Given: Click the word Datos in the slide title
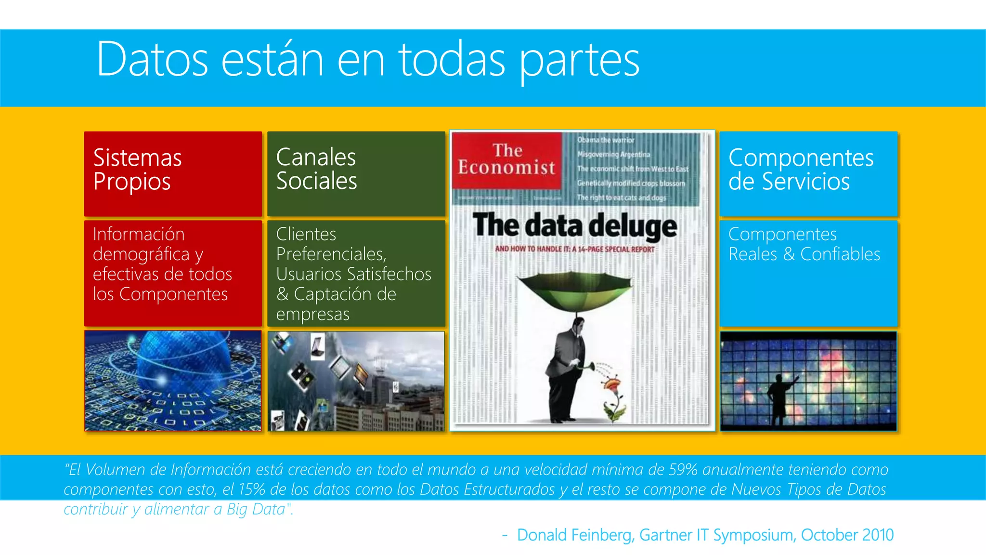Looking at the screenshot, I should [x=152, y=60].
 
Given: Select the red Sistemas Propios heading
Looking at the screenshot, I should [x=137, y=170].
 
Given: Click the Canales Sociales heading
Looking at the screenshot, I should [x=316, y=169].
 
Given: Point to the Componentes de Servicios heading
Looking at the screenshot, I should [x=800, y=170].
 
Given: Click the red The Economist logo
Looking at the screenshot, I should [x=506, y=159].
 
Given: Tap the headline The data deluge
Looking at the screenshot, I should [x=574, y=226].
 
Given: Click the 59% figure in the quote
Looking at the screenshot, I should [x=683, y=469].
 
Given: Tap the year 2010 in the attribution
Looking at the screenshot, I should [x=878, y=535].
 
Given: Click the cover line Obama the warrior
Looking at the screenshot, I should [x=606, y=140].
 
